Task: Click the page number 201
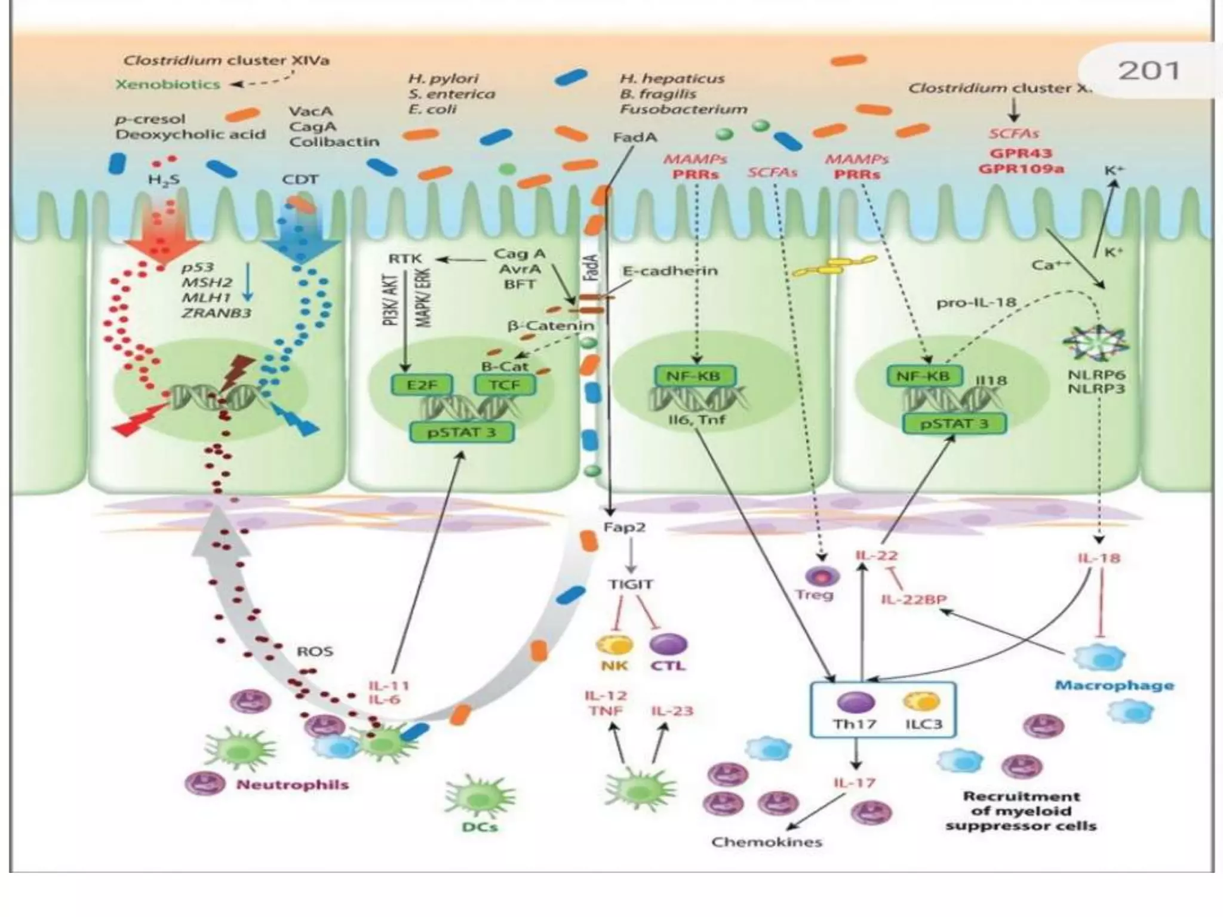click(1148, 71)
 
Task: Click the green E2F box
click(422, 385)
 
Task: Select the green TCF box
click(505, 385)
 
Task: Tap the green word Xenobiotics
click(168, 84)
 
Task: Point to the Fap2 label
click(624, 528)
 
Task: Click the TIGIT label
click(631, 584)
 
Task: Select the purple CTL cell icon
click(668, 644)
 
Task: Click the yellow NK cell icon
click(614, 645)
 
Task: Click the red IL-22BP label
click(914, 599)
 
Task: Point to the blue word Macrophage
click(1114, 685)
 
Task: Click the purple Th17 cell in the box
click(855, 703)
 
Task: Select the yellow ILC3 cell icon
click(921, 702)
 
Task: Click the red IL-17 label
click(855, 782)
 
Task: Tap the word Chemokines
click(767, 842)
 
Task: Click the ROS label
click(315, 651)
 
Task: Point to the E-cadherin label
click(670, 270)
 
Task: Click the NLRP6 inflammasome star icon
click(1095, 344)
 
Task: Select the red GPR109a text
click(1021, 169)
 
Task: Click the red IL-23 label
click(672, 711)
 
